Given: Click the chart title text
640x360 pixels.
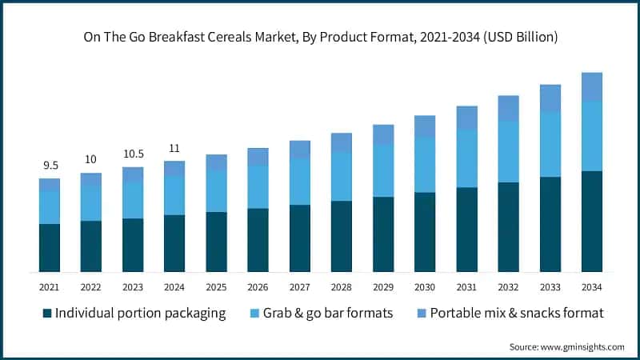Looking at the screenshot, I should click(320, 38).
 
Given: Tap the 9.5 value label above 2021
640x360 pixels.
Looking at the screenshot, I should click(50, 166).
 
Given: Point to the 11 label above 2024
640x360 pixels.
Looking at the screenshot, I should click(174, 148).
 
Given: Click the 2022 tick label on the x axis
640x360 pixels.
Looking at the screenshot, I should click(91, 286).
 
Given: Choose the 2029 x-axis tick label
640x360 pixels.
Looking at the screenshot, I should click(383, 286).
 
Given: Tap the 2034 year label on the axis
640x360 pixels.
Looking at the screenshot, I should click(592, 286).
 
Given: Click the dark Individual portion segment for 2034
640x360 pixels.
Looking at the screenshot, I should click(592, 221).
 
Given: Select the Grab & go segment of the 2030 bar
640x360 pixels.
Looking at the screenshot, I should click(425, 165).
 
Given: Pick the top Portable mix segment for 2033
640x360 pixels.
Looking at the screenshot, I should click(550, 98).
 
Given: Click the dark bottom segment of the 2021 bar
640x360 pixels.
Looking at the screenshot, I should click(50, 248).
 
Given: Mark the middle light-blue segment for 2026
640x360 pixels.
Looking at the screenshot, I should click(258, 187).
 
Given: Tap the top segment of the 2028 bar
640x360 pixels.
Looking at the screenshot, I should click(342, 142).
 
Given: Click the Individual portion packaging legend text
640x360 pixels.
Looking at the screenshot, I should click(141, 313).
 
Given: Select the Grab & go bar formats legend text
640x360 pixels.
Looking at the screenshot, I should click(331, 313).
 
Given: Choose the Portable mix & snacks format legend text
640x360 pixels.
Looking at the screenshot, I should click(516, 313).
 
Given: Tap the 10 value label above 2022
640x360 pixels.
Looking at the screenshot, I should click(91, 160).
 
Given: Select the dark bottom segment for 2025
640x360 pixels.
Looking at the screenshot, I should click(216, 242).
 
